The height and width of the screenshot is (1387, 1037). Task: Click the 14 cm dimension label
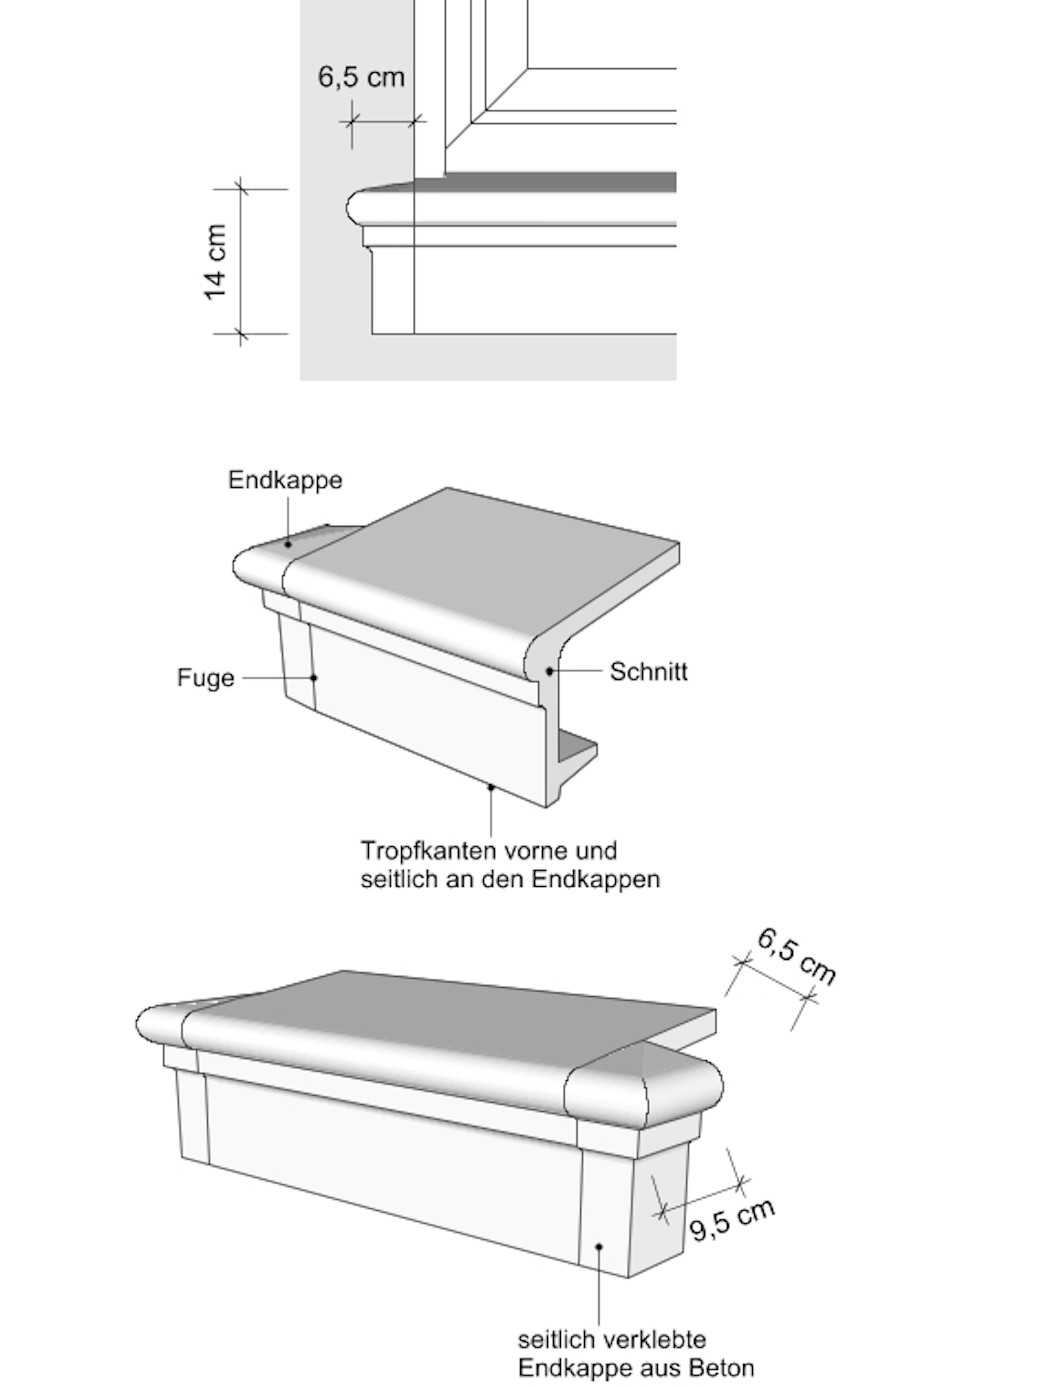point(215,262)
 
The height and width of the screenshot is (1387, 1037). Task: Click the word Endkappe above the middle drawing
point(285,480)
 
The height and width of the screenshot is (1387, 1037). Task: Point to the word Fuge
point(206,678)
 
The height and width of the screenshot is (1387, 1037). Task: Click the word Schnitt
point(649,672)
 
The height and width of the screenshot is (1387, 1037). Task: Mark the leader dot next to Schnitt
point(550,671)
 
